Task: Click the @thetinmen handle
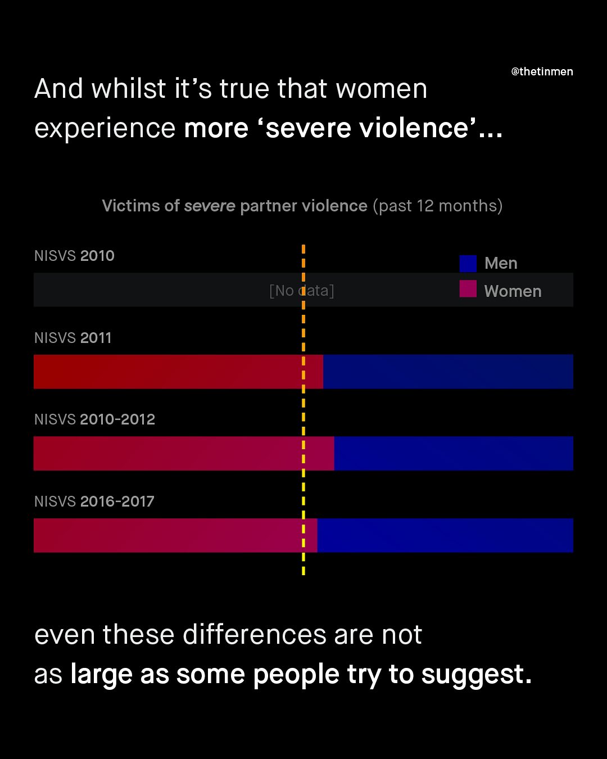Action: [x=542, y=71]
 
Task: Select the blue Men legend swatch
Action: [x=468, y=263]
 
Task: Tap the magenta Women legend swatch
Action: [x=468, y=289]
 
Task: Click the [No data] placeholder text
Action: [x=302, y=291]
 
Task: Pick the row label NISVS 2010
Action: [x=74, y=256]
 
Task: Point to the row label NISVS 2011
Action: [x=73, y=338]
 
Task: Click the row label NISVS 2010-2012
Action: [x=94, y=419]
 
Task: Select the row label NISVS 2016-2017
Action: [x=94, y=502]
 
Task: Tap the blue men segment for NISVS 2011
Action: [x=448, y=372]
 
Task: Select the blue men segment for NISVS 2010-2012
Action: [x=454, y=453]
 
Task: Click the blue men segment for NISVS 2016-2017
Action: [x=445, y=535]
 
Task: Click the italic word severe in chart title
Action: [x=210, y=206]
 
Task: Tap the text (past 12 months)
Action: [x=437, y=206]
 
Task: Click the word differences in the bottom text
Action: [x=255, y=635]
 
